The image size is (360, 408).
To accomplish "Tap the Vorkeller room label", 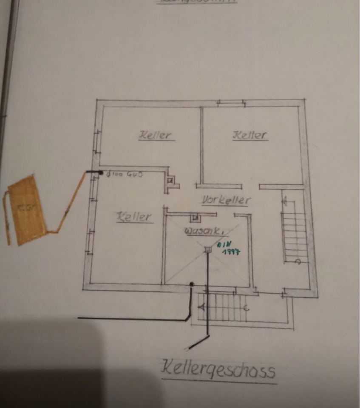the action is coord(227,200).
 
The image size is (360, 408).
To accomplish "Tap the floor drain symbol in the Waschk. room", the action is coord(208,249).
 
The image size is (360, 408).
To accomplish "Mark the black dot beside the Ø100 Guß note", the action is coord(101,173).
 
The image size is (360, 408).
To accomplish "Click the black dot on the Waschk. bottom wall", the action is coord(192,284).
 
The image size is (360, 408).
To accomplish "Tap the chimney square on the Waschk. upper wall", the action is coord(196,218).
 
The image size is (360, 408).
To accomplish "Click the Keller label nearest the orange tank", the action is coord(134,217).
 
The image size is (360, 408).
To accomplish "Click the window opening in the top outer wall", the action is coord(231,103).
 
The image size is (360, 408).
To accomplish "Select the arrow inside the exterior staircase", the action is coord(203,306).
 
